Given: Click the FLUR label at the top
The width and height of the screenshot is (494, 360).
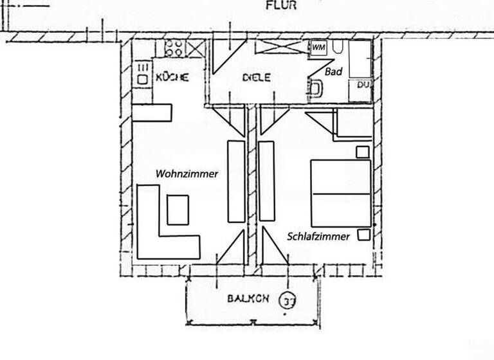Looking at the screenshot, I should click(x=281, y=6).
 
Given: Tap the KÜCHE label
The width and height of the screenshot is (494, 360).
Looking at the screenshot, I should click(x=172, y=77).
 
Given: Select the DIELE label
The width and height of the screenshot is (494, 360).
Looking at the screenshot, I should click(x=256, y=77).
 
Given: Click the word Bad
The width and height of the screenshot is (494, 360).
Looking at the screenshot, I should click(x=333, y=72).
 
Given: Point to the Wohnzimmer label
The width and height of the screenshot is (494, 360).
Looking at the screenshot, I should click(x=187, y=174).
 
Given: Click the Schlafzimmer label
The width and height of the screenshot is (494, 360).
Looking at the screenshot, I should click(x=318, y=237).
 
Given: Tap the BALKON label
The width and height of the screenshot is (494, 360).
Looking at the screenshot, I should click(x=246, y=299).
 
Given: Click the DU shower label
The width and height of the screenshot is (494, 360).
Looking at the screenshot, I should click(x=363, y=85).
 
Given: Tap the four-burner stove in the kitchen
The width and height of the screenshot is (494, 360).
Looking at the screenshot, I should click(x=174, y=48).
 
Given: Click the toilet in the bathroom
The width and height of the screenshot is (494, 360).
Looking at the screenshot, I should click(x=316, y=89).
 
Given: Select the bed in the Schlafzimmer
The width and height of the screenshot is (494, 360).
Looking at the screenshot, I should click(x=341, y=193).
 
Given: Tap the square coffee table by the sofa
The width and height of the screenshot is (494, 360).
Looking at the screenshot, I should click(x=178, y=210).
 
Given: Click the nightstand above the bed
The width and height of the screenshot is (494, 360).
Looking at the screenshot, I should click(x=363, y=152).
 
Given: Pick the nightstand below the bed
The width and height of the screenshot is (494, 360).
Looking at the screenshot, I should click(x=363, y=234).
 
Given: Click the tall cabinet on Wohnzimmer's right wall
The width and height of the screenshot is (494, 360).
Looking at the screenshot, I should click(x=236, y=181).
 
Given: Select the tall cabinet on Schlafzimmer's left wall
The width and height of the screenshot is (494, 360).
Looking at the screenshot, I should click(x=266, y=181).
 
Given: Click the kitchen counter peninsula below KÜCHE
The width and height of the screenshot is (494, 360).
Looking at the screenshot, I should click(x=152, y=113).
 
